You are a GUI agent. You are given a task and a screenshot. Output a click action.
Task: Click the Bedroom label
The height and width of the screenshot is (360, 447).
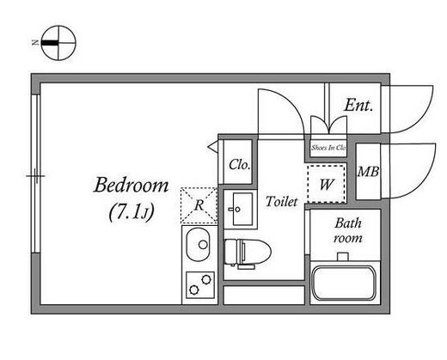point(132,186)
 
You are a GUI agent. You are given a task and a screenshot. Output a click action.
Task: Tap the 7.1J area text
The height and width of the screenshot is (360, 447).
point(132,211)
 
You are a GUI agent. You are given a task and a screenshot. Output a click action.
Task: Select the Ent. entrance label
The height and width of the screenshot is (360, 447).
point(359,105)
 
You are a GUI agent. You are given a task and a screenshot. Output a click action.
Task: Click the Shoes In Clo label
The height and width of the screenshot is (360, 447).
point(328,148)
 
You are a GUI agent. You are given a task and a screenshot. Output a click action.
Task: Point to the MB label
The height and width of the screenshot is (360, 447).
point(368,172)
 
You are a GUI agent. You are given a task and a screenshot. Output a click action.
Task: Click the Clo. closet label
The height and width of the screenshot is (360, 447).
point(240,165)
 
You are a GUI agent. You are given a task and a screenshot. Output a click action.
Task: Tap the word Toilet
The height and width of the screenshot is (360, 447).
point(282,201)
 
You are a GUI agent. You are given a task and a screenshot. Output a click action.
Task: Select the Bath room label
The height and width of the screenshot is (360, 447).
point(348,230)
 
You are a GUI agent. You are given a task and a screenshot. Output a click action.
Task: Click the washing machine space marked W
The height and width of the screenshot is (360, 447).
point(327,184)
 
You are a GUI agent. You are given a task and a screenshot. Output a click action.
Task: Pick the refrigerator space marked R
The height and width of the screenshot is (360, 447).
point(199,205)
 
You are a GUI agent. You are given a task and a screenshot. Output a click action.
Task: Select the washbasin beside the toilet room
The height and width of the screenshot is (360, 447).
point(242,209)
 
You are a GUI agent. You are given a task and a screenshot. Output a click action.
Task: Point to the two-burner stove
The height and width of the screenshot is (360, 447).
point(200,284)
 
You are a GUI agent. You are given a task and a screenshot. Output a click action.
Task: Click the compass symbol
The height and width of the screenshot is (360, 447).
point(58,43)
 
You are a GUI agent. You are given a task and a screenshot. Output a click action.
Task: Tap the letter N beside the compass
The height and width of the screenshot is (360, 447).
point(35,43)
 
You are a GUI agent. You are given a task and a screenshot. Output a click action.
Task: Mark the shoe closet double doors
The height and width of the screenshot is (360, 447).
point(329,125)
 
